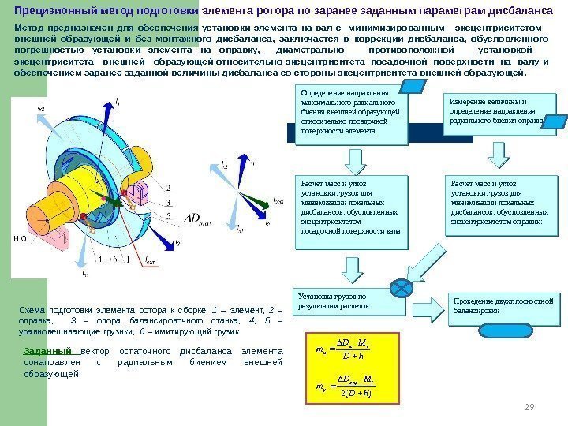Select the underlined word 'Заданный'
coord(47,352)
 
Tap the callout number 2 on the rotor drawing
coord(166,187)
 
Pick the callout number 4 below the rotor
coord(99,258)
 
